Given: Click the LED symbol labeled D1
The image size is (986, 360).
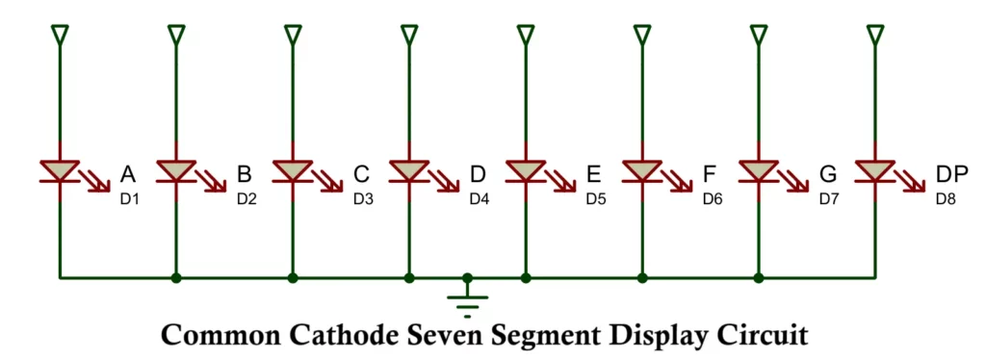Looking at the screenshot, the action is [60, 171].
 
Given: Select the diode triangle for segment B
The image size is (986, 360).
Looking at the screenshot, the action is [176, 171].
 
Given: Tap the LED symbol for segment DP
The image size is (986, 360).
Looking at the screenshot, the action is [874, 171].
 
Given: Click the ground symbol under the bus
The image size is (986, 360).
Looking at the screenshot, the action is [467, 301].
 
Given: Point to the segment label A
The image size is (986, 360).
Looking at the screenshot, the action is [127, 174].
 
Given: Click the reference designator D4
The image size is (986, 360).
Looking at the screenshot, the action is [480, 199].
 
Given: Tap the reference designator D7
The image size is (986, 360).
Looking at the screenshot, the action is [829, 199].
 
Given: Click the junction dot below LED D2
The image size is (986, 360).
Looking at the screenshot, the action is [176, 278].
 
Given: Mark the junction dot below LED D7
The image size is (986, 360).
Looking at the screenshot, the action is [759, 278].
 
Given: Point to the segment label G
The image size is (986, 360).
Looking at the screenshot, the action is [827, 174].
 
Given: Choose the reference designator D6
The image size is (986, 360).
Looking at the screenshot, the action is [713, 199].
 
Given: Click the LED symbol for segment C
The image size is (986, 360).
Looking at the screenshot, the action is [293, 171].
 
